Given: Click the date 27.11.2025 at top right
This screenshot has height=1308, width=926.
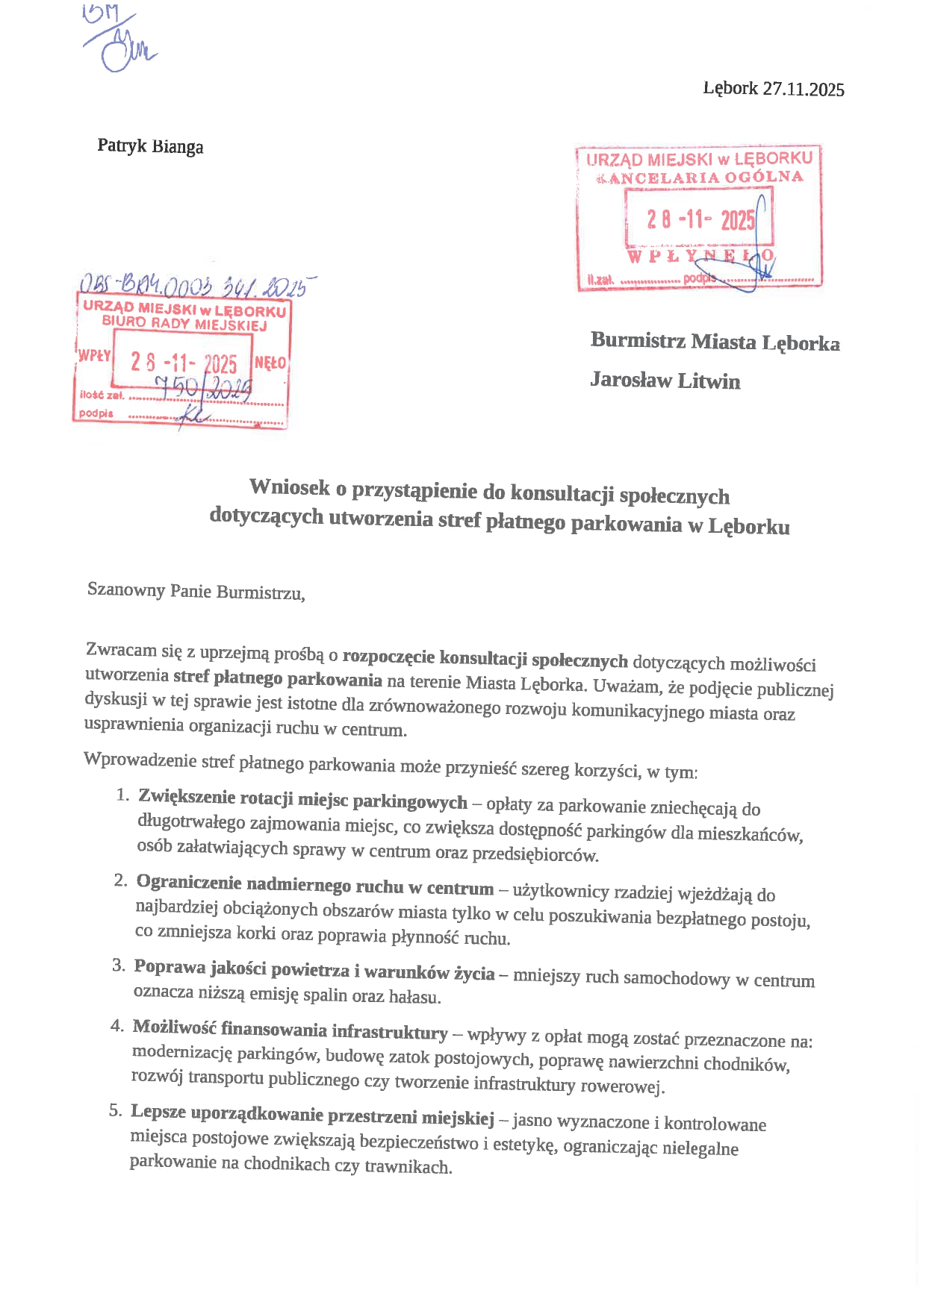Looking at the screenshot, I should tap(804, 90).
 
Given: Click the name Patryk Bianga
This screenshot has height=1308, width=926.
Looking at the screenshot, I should tap(150, 145).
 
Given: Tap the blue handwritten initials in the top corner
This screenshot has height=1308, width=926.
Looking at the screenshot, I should tap(119, 41).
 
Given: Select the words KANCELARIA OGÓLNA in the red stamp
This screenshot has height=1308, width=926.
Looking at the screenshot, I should tap(700, 178).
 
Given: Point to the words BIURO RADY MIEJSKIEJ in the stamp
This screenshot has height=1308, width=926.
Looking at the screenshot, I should tap(184, 323).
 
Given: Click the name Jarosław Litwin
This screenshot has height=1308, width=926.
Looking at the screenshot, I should tap(665, 381).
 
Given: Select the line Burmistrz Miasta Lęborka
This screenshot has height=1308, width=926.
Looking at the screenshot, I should tap(715, 342).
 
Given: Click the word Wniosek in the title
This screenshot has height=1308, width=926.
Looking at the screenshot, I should tap(289, 487).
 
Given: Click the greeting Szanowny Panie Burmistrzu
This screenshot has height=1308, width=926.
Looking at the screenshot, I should tap(196, 591).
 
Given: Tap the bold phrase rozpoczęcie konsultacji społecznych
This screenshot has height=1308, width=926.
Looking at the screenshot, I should tap(485, 659).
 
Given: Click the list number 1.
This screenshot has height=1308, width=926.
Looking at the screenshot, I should tap(123, 795).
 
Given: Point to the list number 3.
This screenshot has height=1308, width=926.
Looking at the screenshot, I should tap(119, 966).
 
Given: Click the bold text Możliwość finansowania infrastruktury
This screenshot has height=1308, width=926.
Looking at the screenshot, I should tap(290, 1030).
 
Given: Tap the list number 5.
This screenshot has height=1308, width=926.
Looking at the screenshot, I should tap(115, 1110).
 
